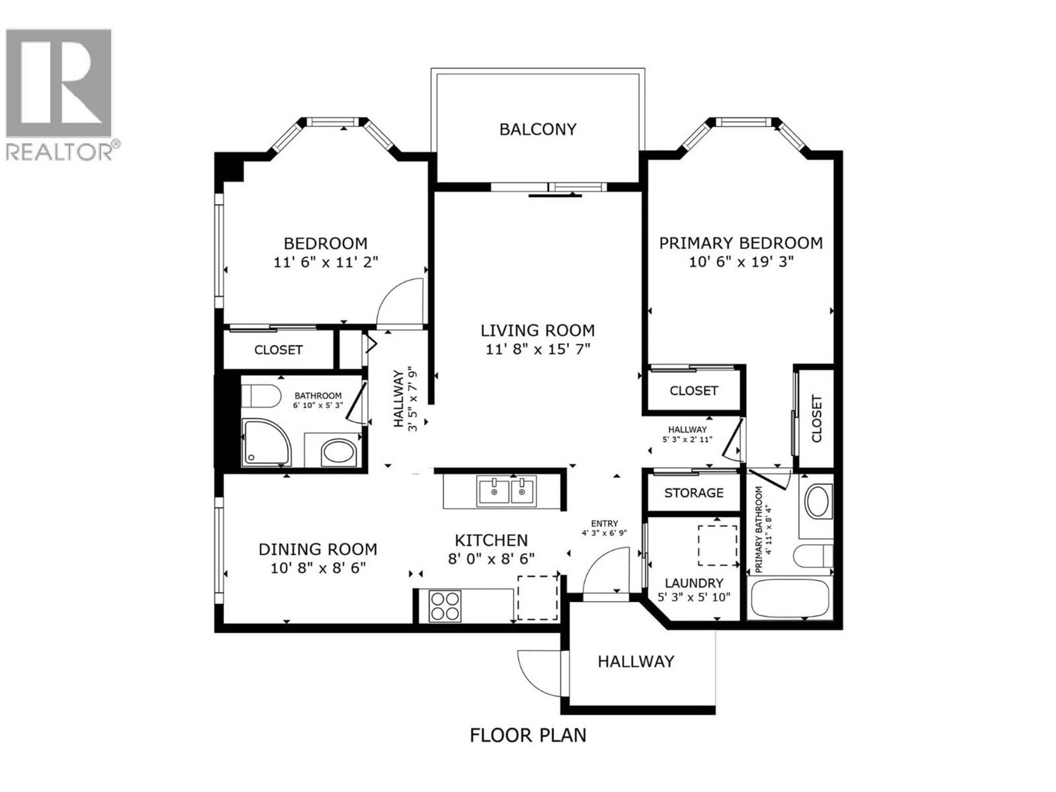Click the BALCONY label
click(538, 129)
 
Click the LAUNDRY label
click(694, 583)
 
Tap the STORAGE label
click(694, 493)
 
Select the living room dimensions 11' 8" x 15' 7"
click(538, 350)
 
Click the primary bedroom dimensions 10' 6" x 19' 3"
click(741, 262)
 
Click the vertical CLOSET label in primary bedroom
click(816, 419)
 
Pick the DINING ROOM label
click(318, 549)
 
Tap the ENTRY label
click(604, 523)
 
